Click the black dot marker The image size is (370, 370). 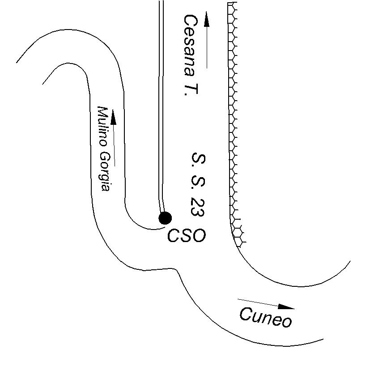pyautogui.click(x=165, y=218)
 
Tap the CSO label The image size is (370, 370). pyautogui.click(x=187, y=236)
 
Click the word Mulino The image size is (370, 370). pyautogui.click(x=104, y=126)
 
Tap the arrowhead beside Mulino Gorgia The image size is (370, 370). pyautogui.click(x=113, y=117)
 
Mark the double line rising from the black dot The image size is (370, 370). pyautogui.click(x=161, y=112)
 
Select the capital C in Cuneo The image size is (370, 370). pyautogui.click(x=247, y=315)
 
